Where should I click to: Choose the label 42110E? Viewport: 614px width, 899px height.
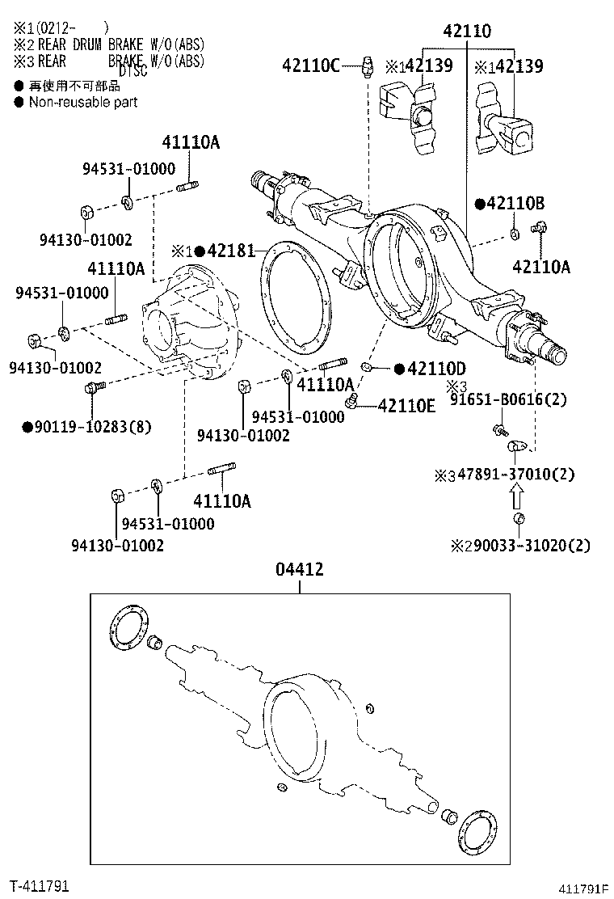pyautogui.click(x=406, y=405)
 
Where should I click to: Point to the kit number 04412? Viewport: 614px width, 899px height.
pyautogui.click(x=300, y=569)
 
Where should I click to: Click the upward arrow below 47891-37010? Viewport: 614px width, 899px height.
pyautogui.click(x=517, y=495)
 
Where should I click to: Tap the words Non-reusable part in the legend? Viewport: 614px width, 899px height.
pyautogui.click(x=82, y=103)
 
